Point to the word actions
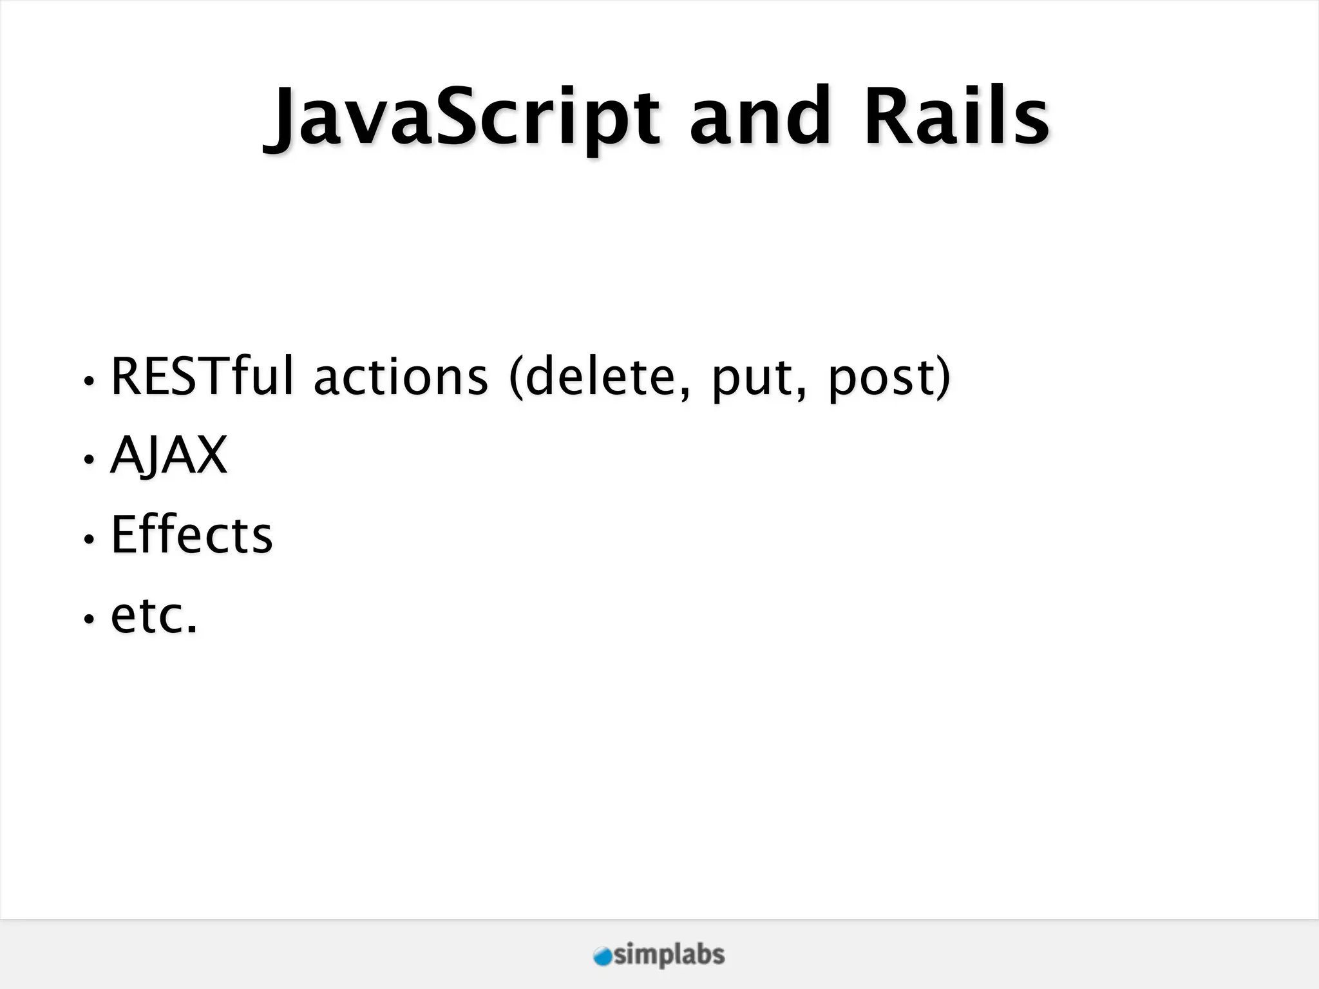point(401,377)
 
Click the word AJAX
point(169,455)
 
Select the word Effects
point(192,534)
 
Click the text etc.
point(154,616)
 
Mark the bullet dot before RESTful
point(89,381)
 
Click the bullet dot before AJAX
point(89,460)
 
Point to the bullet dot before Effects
point(89,540)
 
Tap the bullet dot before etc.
point(89,619)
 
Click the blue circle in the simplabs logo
point(603,957)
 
